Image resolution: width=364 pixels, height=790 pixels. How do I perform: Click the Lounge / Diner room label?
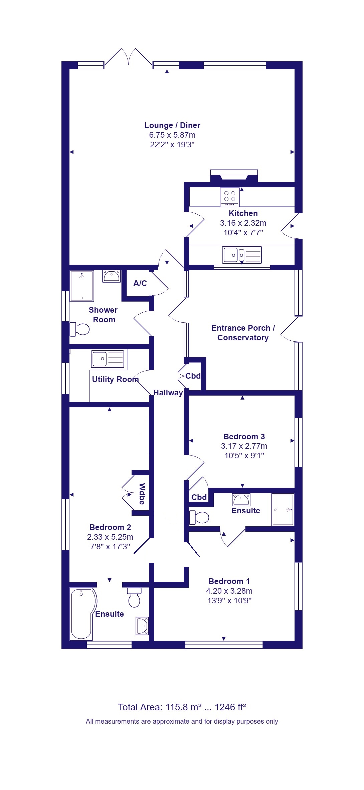172,125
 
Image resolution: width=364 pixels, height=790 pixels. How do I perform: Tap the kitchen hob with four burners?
230,197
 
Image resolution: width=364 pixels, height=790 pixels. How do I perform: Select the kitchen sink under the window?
242,255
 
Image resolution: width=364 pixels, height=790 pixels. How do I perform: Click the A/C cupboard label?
140,283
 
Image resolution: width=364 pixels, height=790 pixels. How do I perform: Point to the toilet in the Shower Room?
79,329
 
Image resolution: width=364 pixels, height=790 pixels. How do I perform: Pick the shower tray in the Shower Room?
82,286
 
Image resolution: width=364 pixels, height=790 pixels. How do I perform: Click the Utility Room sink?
108,359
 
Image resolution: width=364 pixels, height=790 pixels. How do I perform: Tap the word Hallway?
168,393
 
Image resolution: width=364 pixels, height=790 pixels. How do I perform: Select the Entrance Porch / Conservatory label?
243,333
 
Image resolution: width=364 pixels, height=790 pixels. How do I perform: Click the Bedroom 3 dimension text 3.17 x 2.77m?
244,446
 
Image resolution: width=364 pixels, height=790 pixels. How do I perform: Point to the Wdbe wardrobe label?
142,494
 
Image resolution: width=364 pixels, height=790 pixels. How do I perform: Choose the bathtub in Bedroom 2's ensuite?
83,614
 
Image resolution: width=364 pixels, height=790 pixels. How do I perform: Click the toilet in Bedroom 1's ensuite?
199,517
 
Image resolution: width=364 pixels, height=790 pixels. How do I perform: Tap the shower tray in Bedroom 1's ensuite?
283,510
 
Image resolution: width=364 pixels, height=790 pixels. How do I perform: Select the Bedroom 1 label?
229,581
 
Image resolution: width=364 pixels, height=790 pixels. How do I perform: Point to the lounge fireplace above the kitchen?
234,176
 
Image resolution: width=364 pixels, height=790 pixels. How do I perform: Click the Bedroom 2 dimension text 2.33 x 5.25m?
110,537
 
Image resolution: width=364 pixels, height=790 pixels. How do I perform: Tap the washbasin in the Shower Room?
112,276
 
